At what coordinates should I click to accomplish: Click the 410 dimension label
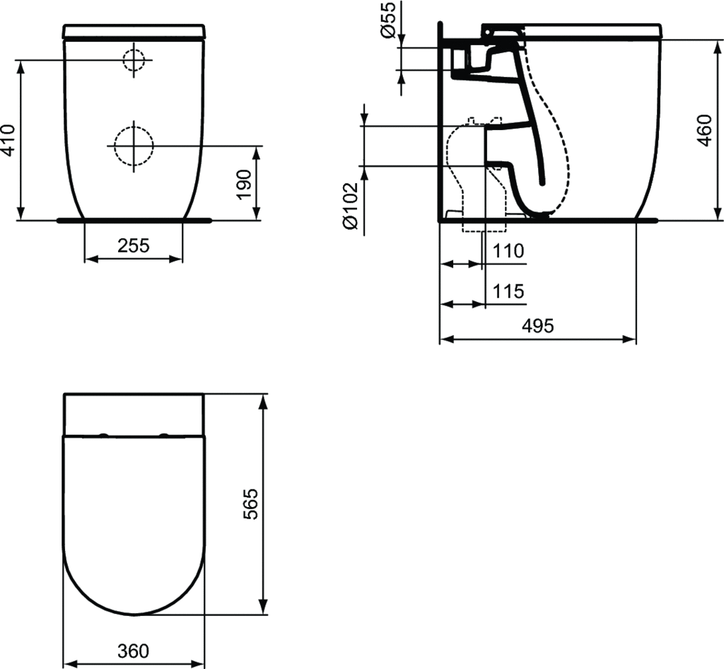tap(9, 141)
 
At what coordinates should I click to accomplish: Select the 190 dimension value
tap(244, 183)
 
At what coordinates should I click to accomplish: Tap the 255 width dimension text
tap(134, 245)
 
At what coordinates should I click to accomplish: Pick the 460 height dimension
tap(704, 130)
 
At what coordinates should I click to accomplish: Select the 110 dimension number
tap(508, 251)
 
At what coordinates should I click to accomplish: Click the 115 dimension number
tap(508, 291)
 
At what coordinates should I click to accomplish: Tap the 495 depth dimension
tap(537, 326)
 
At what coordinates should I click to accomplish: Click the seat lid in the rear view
tap(134, 32)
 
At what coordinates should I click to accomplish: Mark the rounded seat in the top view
tap(134, 523)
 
